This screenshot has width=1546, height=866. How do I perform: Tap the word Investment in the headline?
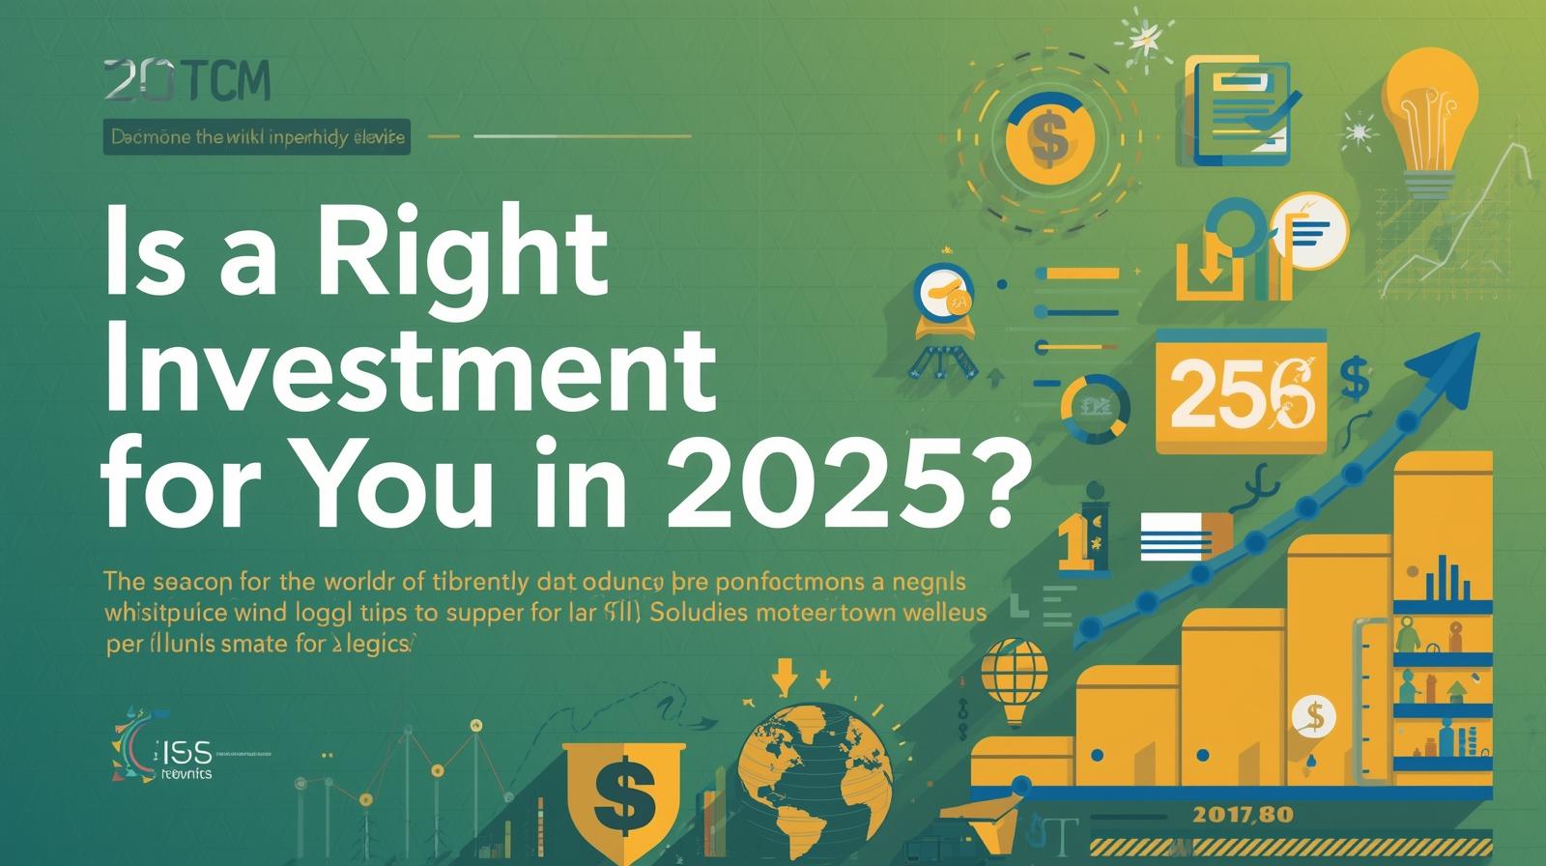(410, 371)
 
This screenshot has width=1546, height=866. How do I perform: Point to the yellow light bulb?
(1431, 106)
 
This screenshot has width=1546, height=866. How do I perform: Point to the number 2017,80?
(1243, 814)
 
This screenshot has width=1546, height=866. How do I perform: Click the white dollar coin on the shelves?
(1313, 716)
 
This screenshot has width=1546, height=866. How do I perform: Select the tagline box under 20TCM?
(257, 138)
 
